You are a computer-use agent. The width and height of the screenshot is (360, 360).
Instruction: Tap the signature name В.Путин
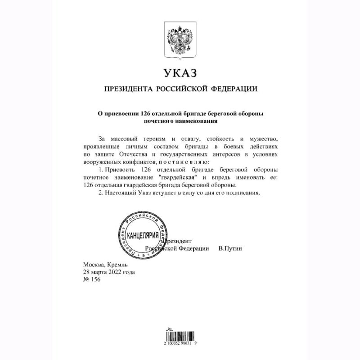(x=229, y=248)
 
